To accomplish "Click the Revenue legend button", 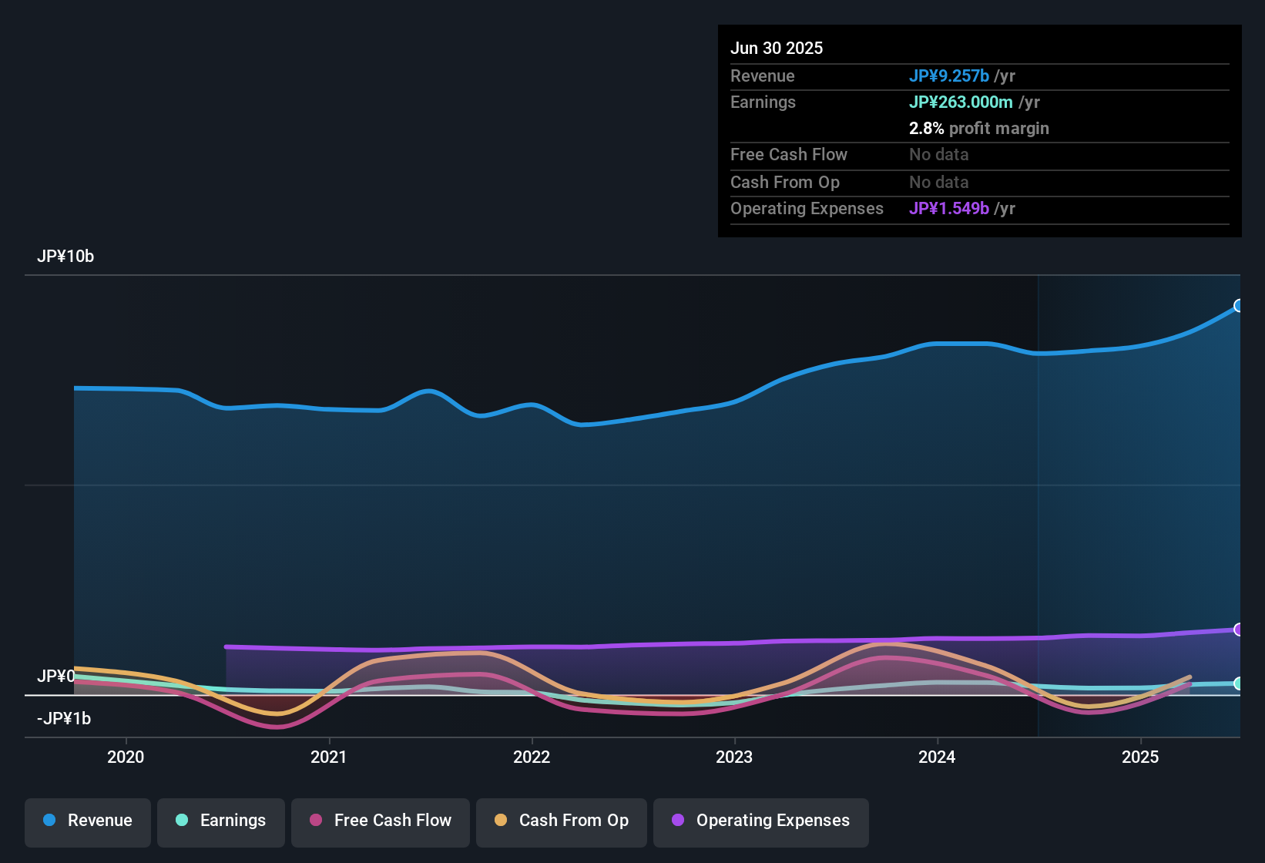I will (87, 821).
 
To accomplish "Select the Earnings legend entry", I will (220, 821).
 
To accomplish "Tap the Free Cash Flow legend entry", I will (380, 821).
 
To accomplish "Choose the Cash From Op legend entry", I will (561, 821).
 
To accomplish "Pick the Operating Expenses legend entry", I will (760, 821).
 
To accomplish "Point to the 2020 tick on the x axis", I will (126, 757).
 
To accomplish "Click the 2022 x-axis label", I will (532, 757).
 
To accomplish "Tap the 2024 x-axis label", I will (937, 757).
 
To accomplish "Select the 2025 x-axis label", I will (1140, 757).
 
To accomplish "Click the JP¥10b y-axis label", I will (65, 257).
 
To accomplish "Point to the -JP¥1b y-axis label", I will (64, 719).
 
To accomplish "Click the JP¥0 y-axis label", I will (55, 677).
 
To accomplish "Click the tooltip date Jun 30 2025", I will (777, 49).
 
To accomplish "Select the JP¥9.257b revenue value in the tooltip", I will (948, 76).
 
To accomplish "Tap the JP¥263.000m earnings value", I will (961, 102).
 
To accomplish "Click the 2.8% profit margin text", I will (978, 129).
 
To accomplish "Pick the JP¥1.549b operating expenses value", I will (948, 209).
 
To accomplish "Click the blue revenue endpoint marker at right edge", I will (1239, 306).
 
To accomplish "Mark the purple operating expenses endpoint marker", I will (1239, 630).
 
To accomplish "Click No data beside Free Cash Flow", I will (938, 155).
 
